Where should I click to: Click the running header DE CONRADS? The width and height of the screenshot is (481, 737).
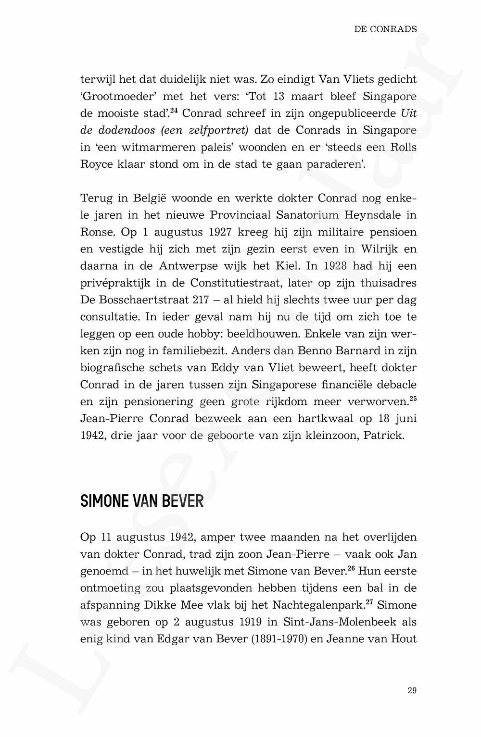pos(385,29)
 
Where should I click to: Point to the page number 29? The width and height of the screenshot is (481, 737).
pos(412,690)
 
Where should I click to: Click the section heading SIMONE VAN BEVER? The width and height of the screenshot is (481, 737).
pos(141,501)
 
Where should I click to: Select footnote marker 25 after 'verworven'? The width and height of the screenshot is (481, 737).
pos(413,398)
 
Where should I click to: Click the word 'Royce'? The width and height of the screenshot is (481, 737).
pos(97,164)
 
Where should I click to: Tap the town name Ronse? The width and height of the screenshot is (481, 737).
pos(97,232)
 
